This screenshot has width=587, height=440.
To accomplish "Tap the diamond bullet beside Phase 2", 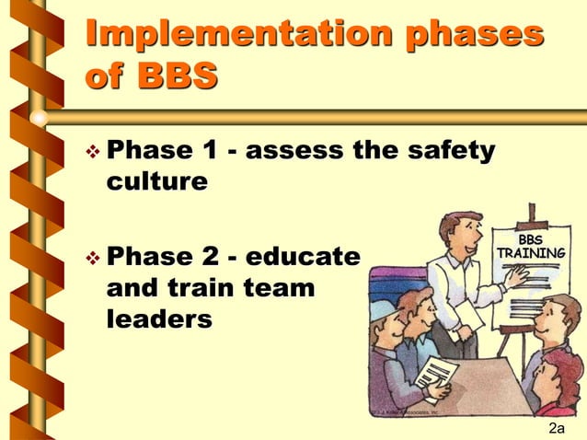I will point(91,257).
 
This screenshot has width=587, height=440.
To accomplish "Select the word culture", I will point(157,181).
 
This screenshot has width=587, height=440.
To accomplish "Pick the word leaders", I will point(160,318).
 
